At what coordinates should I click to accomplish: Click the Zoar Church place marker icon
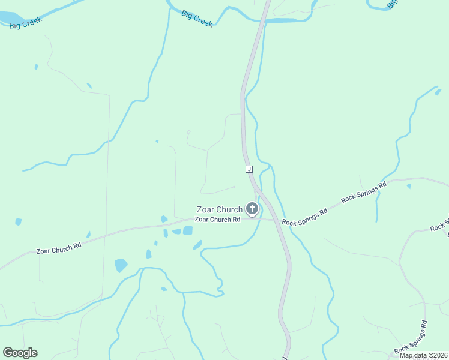pyautogui.click(x=252, y=209)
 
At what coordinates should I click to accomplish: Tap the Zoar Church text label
pyautogui.click(x=220, y=209)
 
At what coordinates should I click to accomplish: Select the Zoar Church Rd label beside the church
pyautogui.click(x=218, y=220)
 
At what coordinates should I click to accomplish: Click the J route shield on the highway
pyautogui.click(x=249, y=169)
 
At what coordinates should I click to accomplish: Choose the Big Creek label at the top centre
pyautogui.click(x=197, y=18)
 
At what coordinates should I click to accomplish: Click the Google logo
pyautogui.click(x=20, y=352)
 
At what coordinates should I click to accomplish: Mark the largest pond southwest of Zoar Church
pyautogui.click(x=121, y=265)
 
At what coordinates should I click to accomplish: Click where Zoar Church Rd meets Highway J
pyautogui.click(x=274, y=220)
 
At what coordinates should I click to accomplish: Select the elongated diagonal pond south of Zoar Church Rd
pyautogui.click(x=197, y=245)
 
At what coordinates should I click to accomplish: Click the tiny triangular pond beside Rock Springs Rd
pyautogui.click(x=408, y=186)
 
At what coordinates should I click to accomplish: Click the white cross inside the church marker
pyautogui.click(x=252, y=208)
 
